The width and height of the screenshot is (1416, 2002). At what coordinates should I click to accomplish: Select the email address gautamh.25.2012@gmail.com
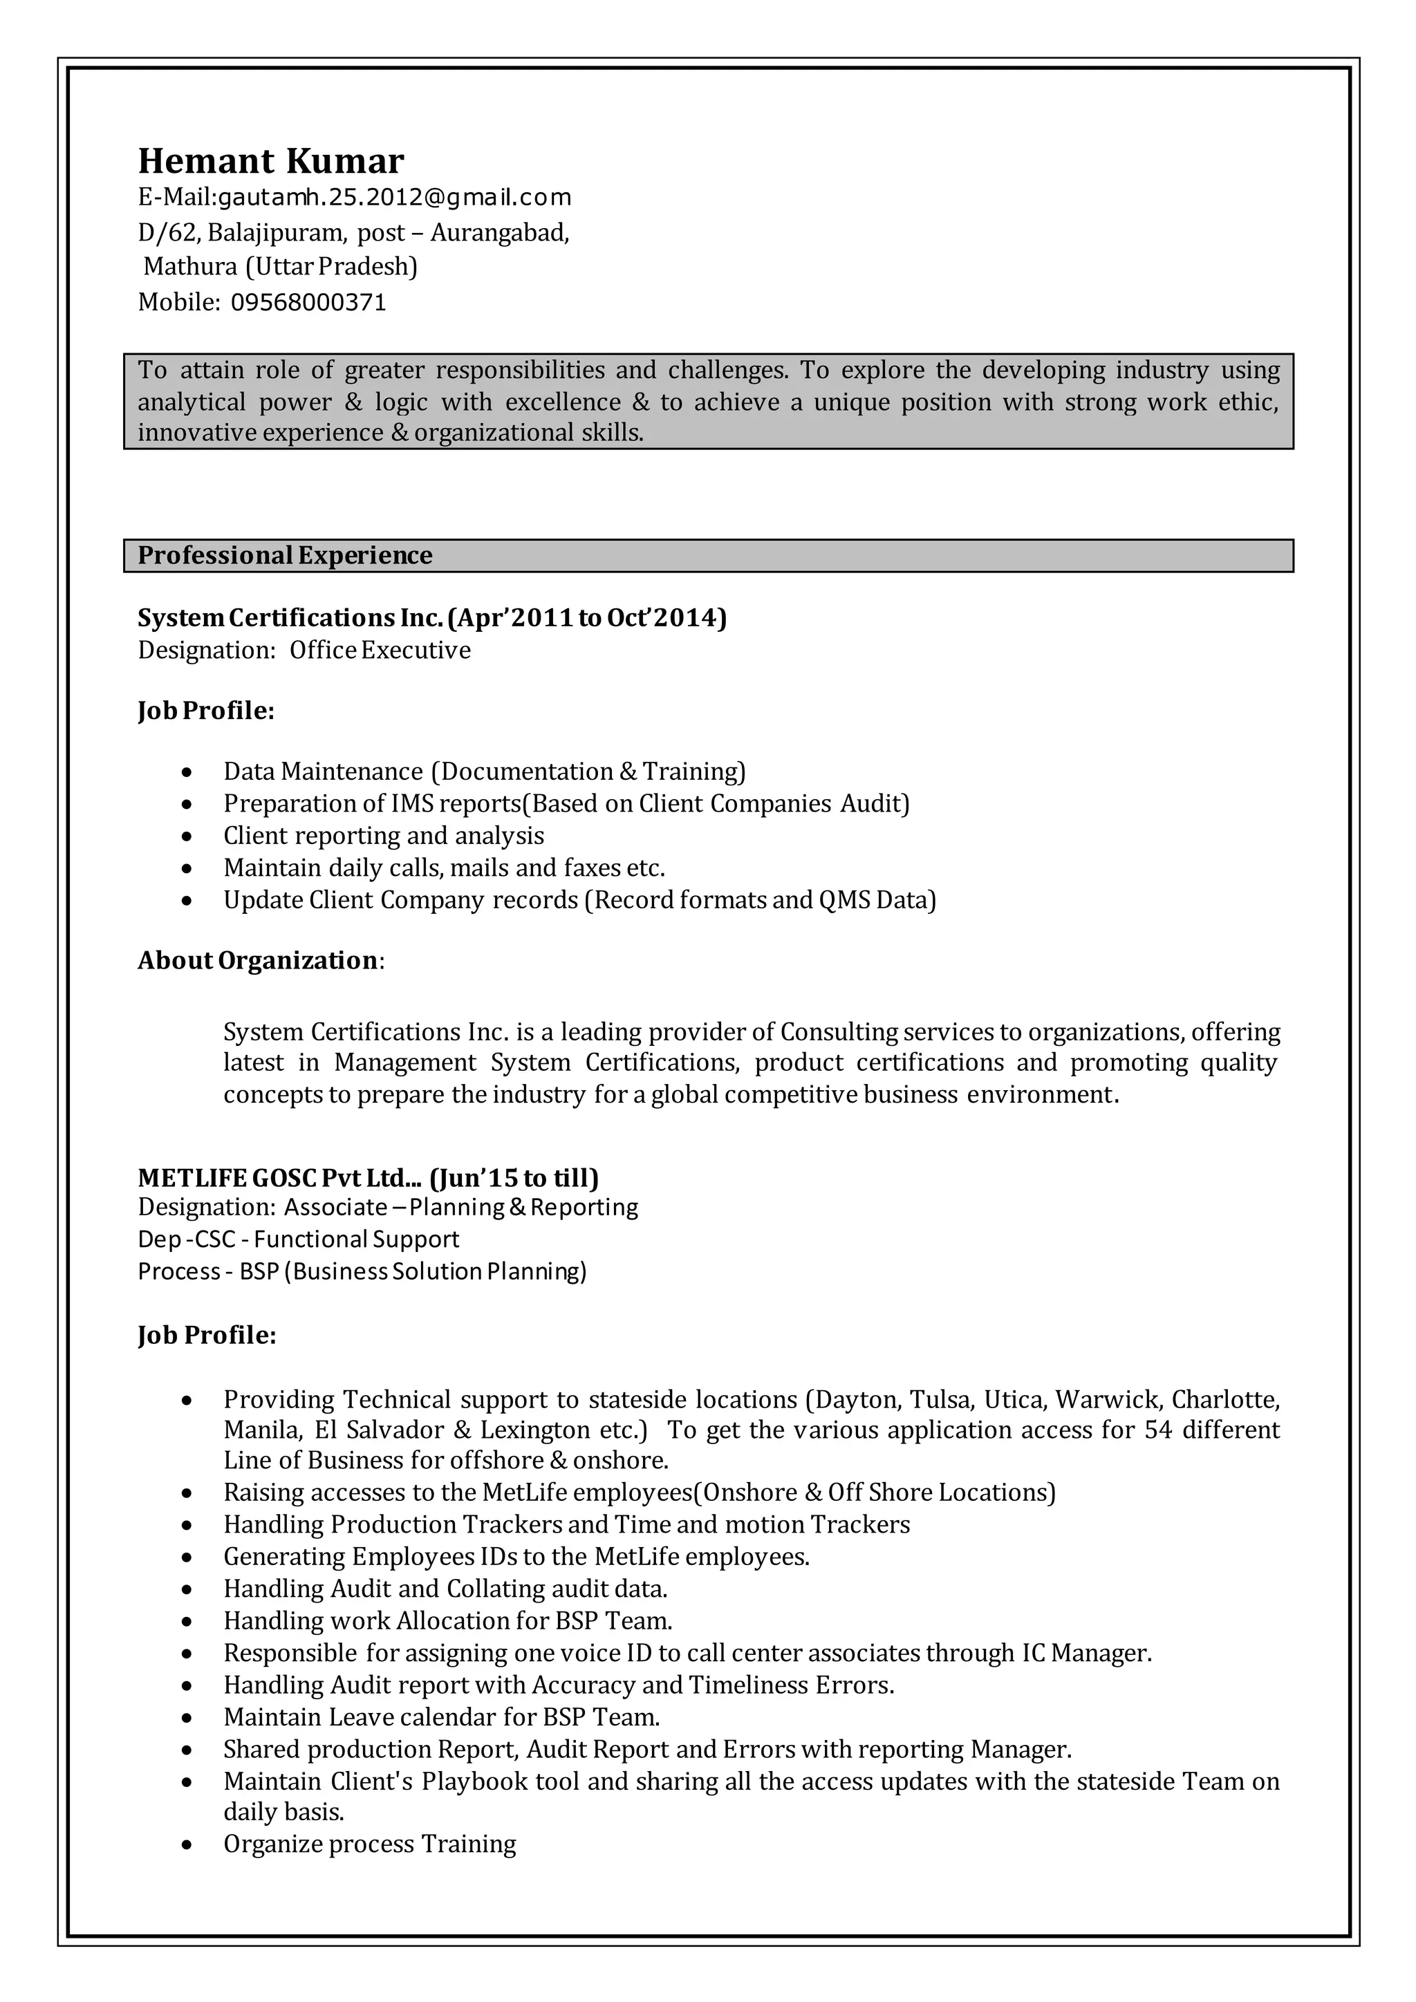coord(394,198)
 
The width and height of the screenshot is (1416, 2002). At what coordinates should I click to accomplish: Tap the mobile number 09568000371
coord(308,303)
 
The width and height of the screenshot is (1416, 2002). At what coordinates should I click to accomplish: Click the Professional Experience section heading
coord(284,555)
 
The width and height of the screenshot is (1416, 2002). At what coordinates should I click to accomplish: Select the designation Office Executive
coord(380,651)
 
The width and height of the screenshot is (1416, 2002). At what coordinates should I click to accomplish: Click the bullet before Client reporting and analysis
coord(187,836)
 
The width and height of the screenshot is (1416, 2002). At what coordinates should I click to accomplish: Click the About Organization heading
coord(258,960)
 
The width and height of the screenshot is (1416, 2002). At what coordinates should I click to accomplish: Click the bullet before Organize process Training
coord(187,1844)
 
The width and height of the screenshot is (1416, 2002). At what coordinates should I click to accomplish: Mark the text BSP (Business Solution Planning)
coord(412,1271)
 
